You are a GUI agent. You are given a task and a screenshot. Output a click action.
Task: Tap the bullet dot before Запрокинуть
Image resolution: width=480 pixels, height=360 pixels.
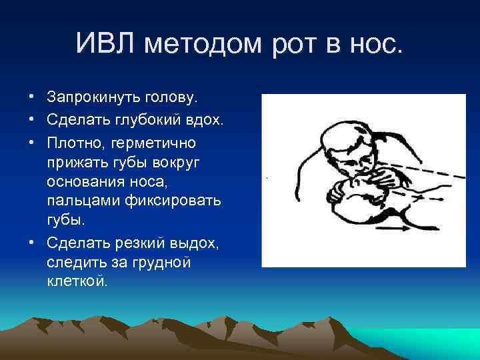tap(31, 98)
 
